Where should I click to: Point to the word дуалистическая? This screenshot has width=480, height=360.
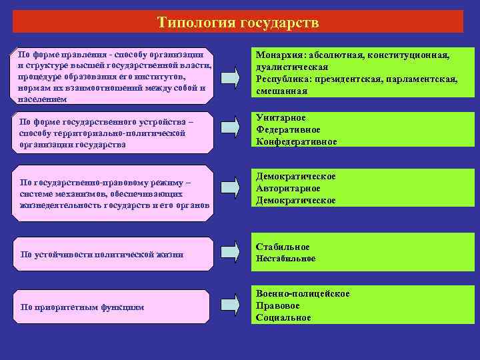pos(292,67)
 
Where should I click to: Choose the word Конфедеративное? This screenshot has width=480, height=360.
pos(297,142)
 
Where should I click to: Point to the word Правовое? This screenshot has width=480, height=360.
pos(278,305)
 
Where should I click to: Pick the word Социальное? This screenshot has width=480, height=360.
pos(283,317)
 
